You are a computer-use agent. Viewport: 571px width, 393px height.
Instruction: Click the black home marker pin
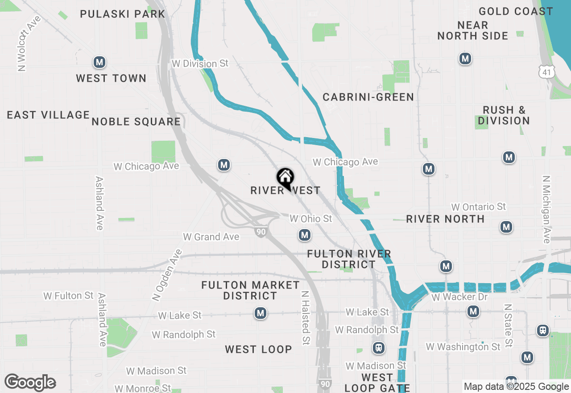point(285,178)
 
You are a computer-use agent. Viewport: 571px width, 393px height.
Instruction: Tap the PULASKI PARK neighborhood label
point(123,14)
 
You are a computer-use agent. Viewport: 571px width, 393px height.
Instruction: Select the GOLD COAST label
point(516,11)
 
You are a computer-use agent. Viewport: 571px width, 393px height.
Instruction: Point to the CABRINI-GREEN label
point(368,97)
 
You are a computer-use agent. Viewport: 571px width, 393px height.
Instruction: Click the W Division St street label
point(200,63)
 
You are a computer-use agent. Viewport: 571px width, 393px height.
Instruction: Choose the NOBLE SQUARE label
point(136,121)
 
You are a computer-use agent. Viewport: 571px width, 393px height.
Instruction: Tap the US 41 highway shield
point(546,71)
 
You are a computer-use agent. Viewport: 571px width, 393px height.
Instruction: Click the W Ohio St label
point(311,219)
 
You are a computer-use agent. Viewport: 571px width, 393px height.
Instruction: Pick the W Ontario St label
point(479,207)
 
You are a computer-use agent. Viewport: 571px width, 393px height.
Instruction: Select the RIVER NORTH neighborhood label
point(445,219)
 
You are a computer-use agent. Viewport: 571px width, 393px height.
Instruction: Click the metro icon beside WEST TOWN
point(99,62)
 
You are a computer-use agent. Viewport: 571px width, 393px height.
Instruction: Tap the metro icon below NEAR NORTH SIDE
point(465,58)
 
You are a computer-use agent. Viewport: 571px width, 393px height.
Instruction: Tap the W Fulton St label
point(68,296)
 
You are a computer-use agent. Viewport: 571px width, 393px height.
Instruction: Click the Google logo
point(30,382)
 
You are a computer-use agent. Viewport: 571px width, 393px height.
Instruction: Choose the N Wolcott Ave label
point(27,43)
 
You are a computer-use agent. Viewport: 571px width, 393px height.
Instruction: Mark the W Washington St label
point(463,347)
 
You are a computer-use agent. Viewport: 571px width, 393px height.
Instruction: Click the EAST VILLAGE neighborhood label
point(48,115)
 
